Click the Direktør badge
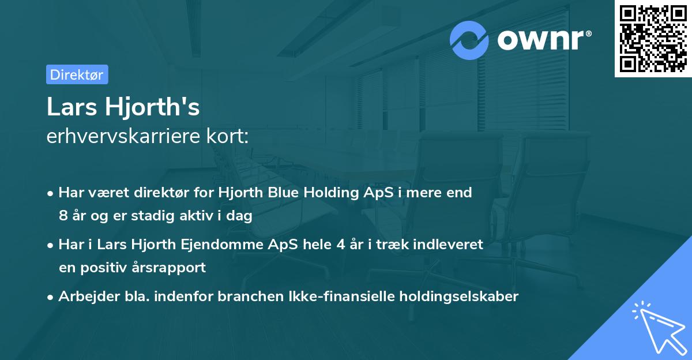pyautogui.click(x=77, y=74)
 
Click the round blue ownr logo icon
pyautogui.click(x=469, y=40)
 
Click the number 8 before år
pyautogui.click(x=62, y=216)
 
